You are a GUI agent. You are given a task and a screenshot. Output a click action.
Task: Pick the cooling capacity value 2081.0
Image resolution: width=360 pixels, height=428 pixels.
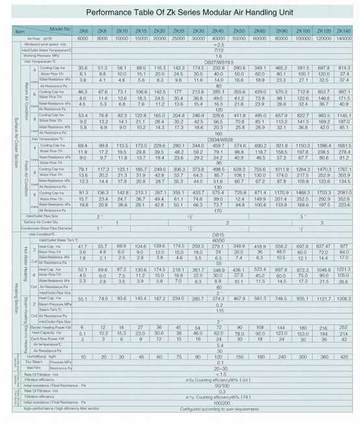(x=344, y=193)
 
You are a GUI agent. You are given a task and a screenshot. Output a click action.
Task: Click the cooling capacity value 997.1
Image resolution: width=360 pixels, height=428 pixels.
(x=344, y=92)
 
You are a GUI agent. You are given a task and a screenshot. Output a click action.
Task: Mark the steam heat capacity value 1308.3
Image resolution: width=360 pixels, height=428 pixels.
(x=344, y=299)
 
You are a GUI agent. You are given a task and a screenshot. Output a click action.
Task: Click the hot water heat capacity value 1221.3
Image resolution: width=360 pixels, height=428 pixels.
(x=344, y=269)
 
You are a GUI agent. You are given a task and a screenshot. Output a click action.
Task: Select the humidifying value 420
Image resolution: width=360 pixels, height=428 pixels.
(x=344, y=357)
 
